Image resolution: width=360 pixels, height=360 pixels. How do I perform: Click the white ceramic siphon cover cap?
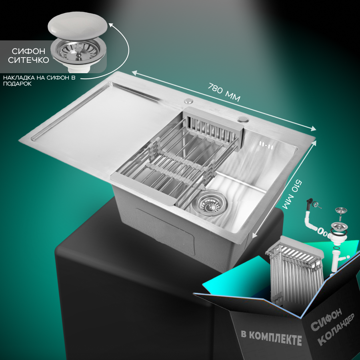click(x=78, y=27)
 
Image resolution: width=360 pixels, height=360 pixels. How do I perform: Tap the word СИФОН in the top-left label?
click(x=28, y=51)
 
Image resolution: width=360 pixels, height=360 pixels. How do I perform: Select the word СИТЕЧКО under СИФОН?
click(x=28, y=60)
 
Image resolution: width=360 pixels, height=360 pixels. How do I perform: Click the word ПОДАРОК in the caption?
click(x=18, y=84)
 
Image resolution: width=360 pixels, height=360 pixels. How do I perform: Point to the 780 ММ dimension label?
click(x=224, y=92)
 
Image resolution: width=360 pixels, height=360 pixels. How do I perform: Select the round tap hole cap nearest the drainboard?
click(x=189, y=100)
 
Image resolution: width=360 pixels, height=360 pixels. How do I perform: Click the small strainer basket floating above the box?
click(x=341, y=213)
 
